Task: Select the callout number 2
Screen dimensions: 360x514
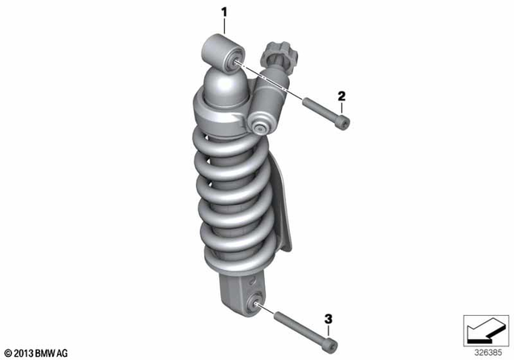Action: click(341, 96)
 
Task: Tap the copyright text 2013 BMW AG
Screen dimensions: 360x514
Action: click(37, 352)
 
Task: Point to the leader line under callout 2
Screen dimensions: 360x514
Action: click(341, 109)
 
